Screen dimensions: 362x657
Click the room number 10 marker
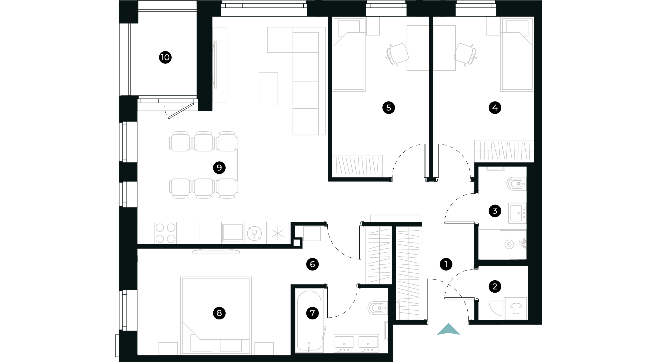click(165, 57)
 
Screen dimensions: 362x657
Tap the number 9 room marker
click(219, 167)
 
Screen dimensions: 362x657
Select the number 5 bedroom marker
click(388, 108)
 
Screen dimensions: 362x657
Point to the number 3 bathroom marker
click(495, 211)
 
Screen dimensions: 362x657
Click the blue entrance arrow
click(448, 329)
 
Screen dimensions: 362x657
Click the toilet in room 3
click(516, 184)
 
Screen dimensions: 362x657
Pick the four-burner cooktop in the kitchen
click(165, 233)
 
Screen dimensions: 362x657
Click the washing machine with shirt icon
click(516, 309)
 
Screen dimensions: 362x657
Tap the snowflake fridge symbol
click(278, 233)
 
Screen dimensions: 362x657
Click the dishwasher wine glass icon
click(254, 233)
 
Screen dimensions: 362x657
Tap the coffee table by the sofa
click(268, 89)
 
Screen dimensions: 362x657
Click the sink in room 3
click(517, 213)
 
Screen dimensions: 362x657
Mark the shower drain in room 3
click(509, 244)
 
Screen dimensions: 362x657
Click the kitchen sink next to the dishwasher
click(233, 233)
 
